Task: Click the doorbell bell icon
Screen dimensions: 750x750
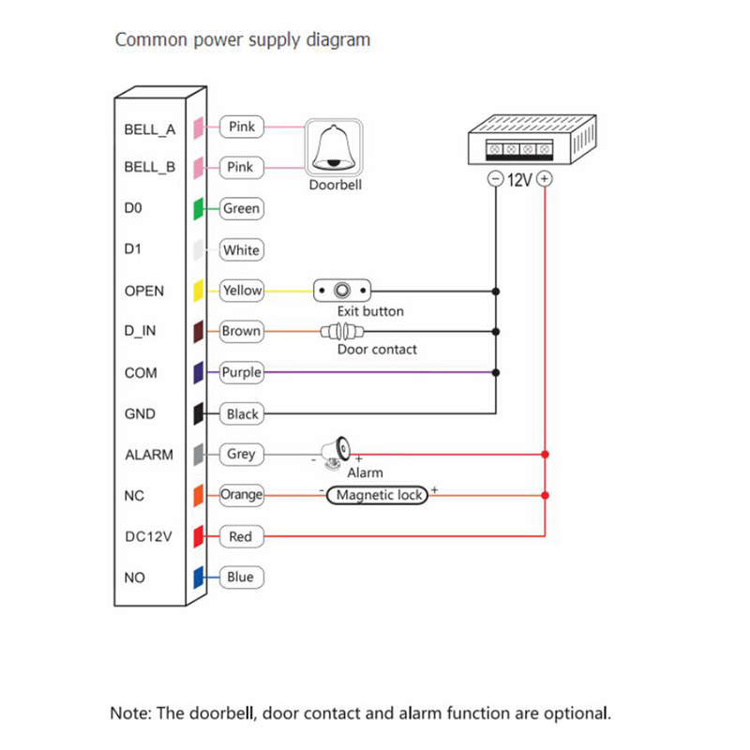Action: click(334, 148)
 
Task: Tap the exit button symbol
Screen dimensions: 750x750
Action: click(342, 291)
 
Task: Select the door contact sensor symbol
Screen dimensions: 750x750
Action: click(342, 331)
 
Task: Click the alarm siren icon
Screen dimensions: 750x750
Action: click(336, 453)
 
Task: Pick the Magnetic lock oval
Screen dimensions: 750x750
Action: click(377, 495)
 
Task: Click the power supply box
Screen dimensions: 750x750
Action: click(532, 140)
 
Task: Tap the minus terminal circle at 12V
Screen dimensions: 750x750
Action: click(496, 179)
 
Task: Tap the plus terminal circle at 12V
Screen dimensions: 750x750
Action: click(545, 179)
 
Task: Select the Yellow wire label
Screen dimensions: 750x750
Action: click(242, 291)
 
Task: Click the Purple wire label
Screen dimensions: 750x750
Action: click(242, 372)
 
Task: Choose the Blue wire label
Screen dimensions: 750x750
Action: click(242, 577)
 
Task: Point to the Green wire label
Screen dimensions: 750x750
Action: click(242, 208)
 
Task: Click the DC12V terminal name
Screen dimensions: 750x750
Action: click(148, 536)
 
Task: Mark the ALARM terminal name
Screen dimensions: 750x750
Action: click(149, 455)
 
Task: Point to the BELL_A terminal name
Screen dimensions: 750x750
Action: click(150, 129)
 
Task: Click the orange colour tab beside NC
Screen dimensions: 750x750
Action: click(199, 496)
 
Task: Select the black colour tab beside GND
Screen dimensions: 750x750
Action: click(199, 413)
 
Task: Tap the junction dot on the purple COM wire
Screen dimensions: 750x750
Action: click(496, 372)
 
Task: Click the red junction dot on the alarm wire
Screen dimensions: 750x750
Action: click(545, 454)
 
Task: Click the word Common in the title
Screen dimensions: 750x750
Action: click(151, 39)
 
